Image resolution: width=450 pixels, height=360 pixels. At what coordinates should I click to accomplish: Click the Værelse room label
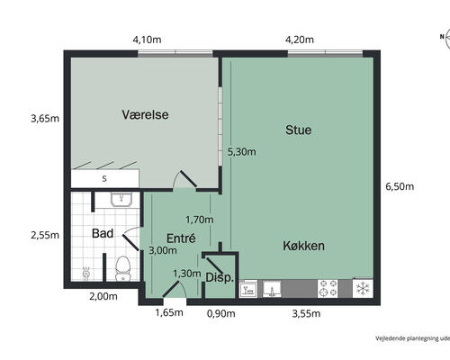pyautogui.click(x=145, y=114)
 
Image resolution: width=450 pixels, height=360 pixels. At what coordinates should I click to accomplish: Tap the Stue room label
pyautogui.click(x=298, y=130)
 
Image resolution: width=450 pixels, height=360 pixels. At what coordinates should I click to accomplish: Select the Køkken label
pyautogui.click(x=303, y=246)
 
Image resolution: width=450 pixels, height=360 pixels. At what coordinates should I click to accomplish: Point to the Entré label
pyautogui.click(x=181, y=238)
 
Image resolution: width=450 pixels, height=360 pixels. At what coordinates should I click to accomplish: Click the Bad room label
pyautogui.click(x=103, y=233)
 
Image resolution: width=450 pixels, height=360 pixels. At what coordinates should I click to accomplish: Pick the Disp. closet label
pyautogui.click(x=220, y=277)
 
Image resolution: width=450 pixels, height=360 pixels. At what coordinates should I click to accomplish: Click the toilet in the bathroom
pyautogui.click(x=123, y=268)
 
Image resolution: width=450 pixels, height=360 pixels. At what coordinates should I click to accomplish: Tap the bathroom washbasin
pyautogui.click(x=121, y=200)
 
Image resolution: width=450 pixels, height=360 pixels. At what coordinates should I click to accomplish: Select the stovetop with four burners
pyautogui.click(x=328, y=288)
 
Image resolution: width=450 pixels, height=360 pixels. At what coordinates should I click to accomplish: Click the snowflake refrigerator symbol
pyautogui.click(x=363, y=288)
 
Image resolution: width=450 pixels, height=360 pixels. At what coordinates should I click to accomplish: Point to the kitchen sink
pyautogui.click(x=272, y=289)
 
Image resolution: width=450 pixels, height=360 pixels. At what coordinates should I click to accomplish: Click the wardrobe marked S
pyautogui.click(x=104, y=178)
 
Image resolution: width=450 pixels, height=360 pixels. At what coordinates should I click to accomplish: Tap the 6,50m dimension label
pyautogui.click(x=400, y=186)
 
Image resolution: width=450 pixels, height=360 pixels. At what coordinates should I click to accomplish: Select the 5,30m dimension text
pyautogui.click(x=242, y=152)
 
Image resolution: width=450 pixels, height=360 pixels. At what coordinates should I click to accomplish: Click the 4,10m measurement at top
pyautogui.click(x=147, y=40)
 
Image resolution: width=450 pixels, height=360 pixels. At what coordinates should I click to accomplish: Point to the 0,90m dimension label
pyautogui.click(x=221, y=314)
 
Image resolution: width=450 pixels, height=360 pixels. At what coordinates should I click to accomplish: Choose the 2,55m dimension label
pyautogui.click(x=45, y=235)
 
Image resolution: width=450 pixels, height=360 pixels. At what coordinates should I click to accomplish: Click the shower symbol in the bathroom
pyautogui.click(x=86, y=274)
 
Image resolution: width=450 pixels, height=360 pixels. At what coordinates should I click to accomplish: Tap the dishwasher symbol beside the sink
pyautogui.click(x=248, y=289)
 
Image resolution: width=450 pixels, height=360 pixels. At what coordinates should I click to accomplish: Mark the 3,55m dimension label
pyautogui.click(x=306, y=314)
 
